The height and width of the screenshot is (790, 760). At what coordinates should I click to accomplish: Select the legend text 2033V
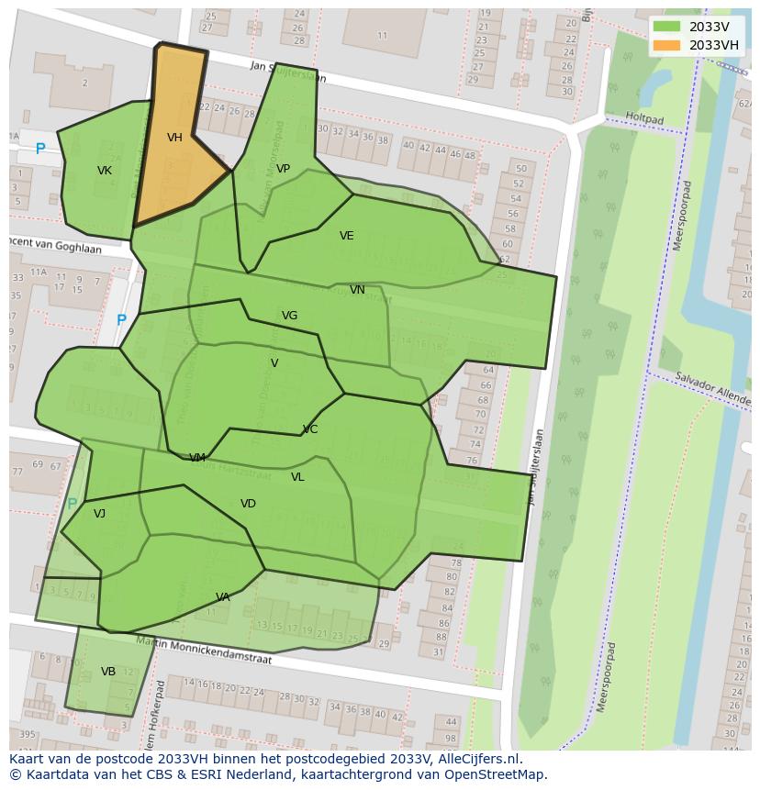tap(709, 27)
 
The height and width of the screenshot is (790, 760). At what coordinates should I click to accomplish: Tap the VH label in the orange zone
tap(174, 138)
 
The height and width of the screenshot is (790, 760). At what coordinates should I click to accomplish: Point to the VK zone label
tap(105, 171)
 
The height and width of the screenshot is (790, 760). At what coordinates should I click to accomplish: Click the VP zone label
tap(283, 169)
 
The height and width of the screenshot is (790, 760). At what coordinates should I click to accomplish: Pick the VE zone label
tap(346, 236)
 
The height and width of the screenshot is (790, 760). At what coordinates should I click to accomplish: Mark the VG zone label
tap(289, 316)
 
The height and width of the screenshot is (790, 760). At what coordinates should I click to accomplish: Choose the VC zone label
tap(310, 429)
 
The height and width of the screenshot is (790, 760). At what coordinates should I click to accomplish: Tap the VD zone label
tap(248, 504)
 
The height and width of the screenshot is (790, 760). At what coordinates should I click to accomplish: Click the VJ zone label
tap(99, 514)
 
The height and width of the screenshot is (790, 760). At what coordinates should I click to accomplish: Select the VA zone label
tap(223, 597)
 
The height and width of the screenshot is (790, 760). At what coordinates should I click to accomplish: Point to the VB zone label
tap(108, 672)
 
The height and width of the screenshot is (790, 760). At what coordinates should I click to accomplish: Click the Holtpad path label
tap(643, 119)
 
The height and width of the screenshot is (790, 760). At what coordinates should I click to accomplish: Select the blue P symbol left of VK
tap(40, 149)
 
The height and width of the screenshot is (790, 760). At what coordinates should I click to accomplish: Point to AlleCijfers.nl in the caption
tap(477, 760)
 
